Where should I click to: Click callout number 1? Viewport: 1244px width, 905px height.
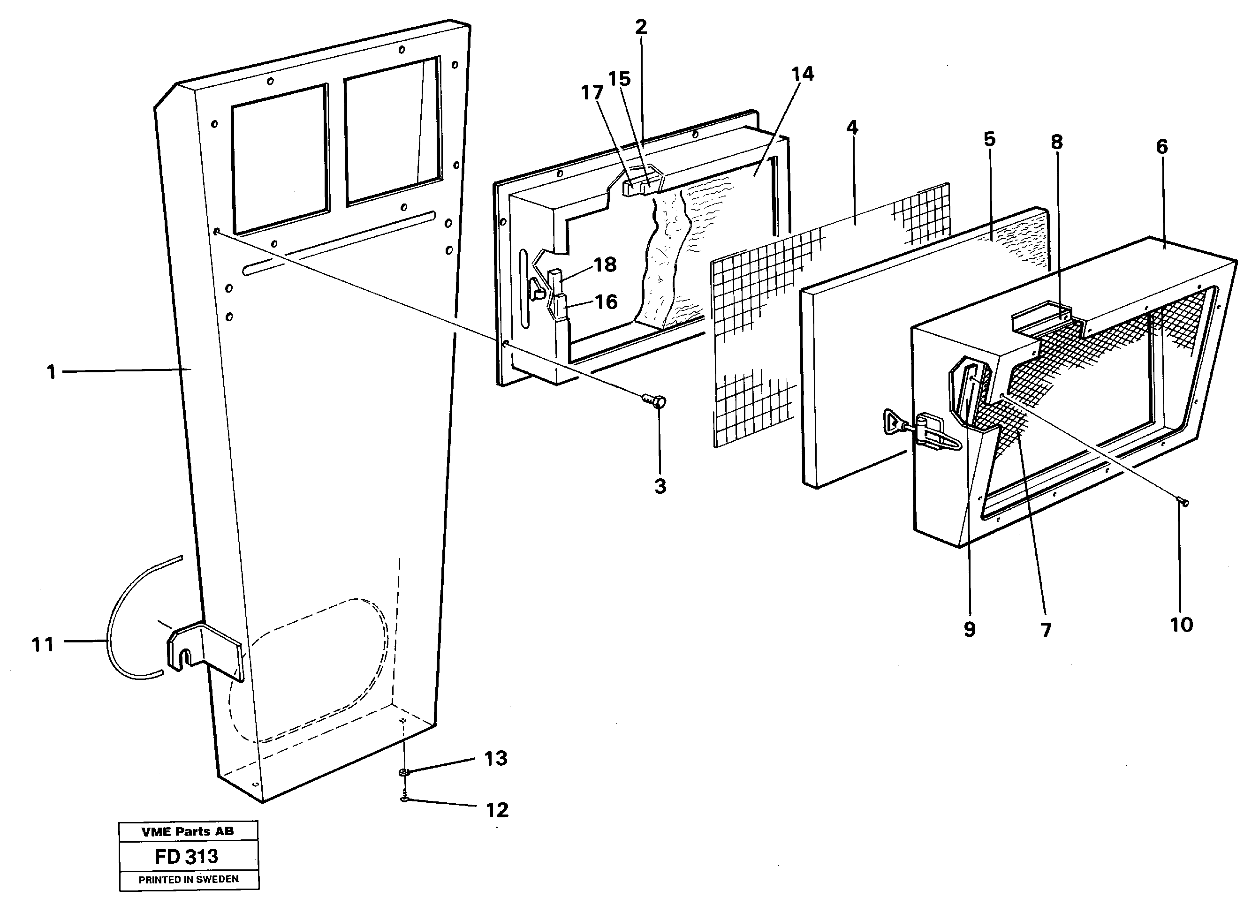point(51,373)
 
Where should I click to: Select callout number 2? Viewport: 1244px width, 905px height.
point(641,27)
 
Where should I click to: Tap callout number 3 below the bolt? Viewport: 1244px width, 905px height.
point(660,486)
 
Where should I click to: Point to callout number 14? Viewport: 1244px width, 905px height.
point(803,74)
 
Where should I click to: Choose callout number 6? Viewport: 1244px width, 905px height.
point(1161,147)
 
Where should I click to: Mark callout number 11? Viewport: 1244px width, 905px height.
point(43,645)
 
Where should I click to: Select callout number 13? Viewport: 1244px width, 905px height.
point(495,759)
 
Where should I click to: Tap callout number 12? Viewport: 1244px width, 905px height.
point(497,810)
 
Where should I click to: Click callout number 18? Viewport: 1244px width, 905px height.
point(605,265)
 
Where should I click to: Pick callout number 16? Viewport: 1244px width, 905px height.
point(606,302)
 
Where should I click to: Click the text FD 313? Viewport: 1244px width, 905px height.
point(187,856)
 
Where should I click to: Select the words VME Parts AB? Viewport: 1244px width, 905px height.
point(188,831)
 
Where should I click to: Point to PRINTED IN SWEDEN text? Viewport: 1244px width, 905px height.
point(188,880)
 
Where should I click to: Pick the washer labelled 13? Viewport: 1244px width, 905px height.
point(404,772)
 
